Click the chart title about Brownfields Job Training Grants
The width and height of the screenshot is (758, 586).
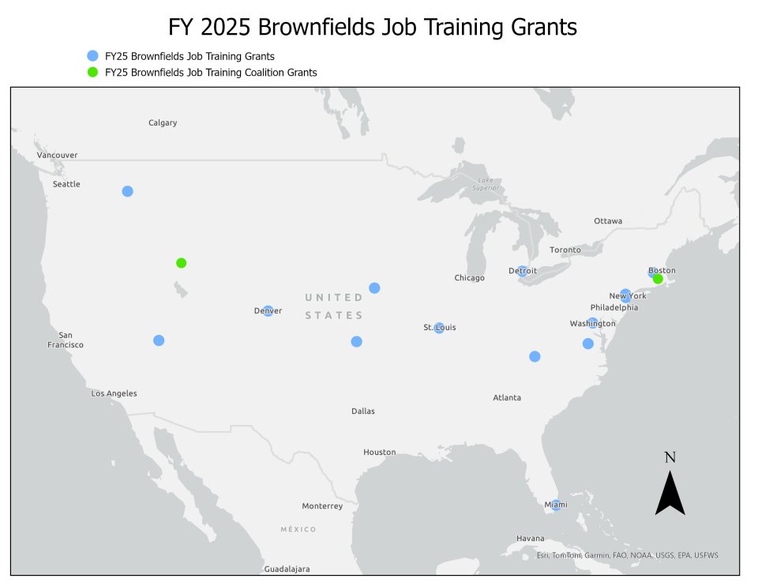pyautogui.click(x=373, y=28)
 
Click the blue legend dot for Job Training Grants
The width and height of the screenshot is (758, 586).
pyautogui.click(x=92, y=56)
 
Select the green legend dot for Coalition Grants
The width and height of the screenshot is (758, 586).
pyautogui.click(x=92, y=72)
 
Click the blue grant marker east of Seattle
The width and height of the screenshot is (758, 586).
pyautogui.click(x=127, y=191)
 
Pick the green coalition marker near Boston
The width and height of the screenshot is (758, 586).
pyautogui.click(x=658, y=279)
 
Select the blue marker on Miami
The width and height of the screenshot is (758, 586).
pyautogui.click(x=556, y=505)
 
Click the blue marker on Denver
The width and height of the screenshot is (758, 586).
pyautogui.click(x=268, y=311)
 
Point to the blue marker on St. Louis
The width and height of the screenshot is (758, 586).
pyautogui.click(x=439, y=328)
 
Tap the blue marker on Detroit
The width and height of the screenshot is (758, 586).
pyautogui.click(x=523, y=271)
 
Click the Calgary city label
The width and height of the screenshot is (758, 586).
pyautogui.click(x=163, y=122)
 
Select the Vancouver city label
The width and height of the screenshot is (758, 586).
pyautogui.click(x=57, y=155)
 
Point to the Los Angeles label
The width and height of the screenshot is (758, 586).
pyautogui.click(x=114, y=393)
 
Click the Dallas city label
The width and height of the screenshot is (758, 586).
pyautogui.click(x=363, y=411)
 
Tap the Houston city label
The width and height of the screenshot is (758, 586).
pyautogui.click(x=379, y=452)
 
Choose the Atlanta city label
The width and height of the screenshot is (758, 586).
pyautogui.click(x=507, y=397)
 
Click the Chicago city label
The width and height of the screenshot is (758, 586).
pyautogui.click(x=470, y=278)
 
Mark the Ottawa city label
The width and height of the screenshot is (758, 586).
pyautogui.click(x=608, y=220)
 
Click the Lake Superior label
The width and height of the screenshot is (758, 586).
pyautogui.click(x=486, y=185)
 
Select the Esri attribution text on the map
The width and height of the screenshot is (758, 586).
pyautogui.click(x=627, y=555)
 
